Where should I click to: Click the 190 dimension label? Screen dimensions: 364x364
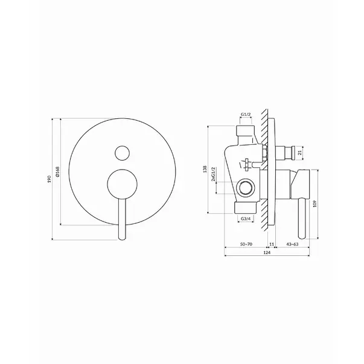(49, 179)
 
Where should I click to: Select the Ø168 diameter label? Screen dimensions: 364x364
(57, 171)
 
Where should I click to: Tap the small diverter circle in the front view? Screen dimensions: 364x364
(122, 153)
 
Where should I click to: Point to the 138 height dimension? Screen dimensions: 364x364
(205, 169)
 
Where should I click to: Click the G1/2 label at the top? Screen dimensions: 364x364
(245, 114)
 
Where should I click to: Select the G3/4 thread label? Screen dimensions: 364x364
(246, 219)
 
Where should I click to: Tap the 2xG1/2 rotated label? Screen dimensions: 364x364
(213, 174)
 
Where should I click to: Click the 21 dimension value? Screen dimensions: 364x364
(299, 153)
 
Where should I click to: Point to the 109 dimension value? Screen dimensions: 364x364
(315, 204)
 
